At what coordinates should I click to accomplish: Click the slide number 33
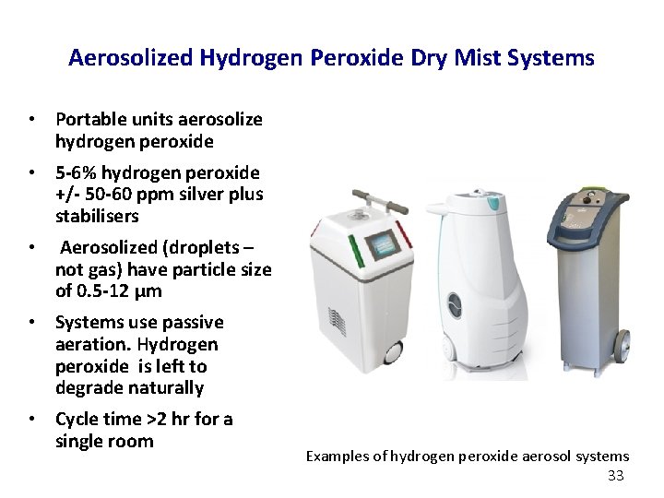point(617,476)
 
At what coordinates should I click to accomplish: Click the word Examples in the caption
point(338,456)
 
